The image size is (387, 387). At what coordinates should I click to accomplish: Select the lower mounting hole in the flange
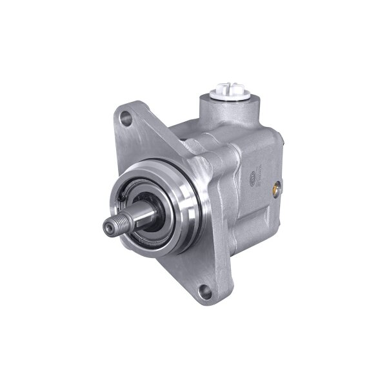204,292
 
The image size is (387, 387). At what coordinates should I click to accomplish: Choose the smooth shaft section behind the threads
132,221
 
